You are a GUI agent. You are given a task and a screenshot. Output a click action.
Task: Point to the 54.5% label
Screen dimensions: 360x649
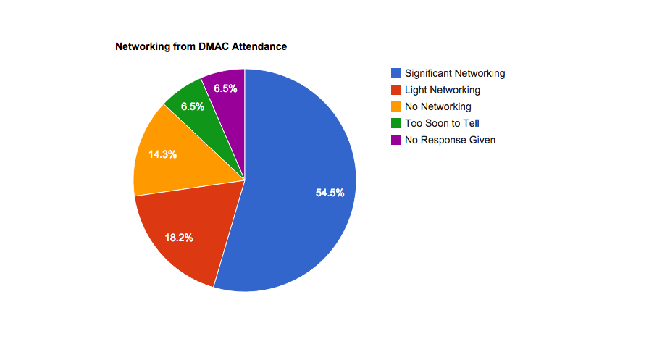(330, 193)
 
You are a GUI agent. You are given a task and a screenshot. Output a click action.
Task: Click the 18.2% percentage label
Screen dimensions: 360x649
(179, 238)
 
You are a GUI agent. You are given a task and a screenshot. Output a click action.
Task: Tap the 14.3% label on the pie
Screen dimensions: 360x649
(162, 154)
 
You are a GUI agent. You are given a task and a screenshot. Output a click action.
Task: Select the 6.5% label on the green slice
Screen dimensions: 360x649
(193, 106)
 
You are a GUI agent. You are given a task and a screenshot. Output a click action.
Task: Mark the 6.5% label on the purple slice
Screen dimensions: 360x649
(226, 88)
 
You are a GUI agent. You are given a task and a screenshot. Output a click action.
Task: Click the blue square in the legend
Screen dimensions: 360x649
(396, 73)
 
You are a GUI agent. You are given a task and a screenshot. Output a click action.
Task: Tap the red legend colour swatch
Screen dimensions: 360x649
(396, 90)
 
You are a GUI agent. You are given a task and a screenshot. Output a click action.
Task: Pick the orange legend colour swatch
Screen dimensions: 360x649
(396, 106)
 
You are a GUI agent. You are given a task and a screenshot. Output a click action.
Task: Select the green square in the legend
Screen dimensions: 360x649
(396, 123)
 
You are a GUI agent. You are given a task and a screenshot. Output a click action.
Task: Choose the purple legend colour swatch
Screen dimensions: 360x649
(396, 140)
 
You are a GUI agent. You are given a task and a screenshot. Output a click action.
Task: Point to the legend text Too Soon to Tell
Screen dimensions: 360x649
(442, 123)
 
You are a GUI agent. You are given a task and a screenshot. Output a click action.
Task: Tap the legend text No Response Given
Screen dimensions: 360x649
(450, 140)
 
